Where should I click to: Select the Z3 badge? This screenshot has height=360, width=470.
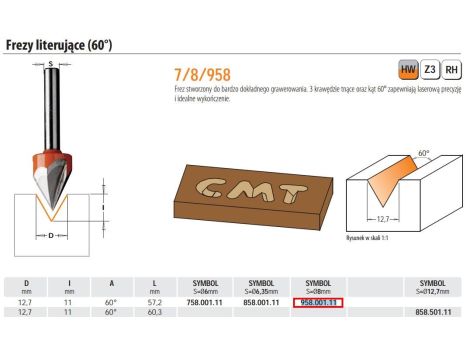(x=430, y=71)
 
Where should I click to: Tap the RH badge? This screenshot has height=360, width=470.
(x=452, y=71)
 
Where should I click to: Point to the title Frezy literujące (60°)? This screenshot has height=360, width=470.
(x=60, y=44)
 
